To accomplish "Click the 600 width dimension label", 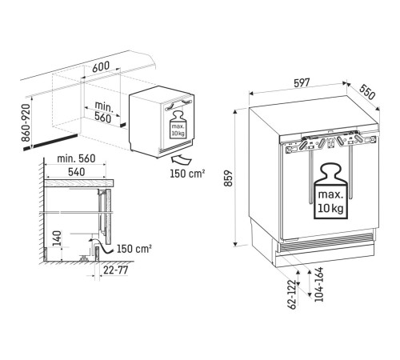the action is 101,66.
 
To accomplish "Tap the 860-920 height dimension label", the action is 26,122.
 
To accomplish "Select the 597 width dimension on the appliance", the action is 302,82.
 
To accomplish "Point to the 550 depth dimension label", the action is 367,92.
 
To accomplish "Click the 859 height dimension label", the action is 229,178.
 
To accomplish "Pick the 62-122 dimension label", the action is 293,294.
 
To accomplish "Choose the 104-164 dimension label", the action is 319,284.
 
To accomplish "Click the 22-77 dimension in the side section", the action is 116,270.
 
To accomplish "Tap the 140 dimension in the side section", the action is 57,238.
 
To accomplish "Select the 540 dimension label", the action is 76,172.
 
